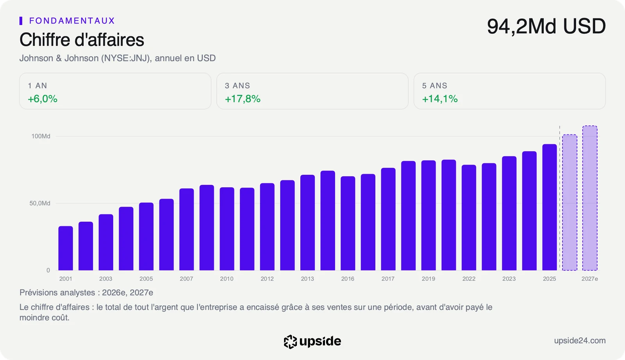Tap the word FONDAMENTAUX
click(72, 21)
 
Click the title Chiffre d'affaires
click(82, 39)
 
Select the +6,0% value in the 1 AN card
click(43, 99)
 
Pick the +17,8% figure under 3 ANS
click(243, 99)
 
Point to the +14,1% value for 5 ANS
click(440, 99)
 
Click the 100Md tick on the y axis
click(41, 136)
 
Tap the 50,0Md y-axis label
click(40, 203)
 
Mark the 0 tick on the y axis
click(48, 270)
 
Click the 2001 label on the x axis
click(66, 279)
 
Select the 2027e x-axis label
click(589, 279)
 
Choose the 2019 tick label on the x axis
click(428, 279)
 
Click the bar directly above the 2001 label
click(66, 248)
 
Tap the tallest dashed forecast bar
click(590, 198)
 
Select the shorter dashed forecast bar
click(570, 202)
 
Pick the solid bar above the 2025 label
click(550, 207)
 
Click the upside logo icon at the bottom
click(290, 342)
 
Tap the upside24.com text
click(580, 341)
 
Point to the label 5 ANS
click(435, 86)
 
